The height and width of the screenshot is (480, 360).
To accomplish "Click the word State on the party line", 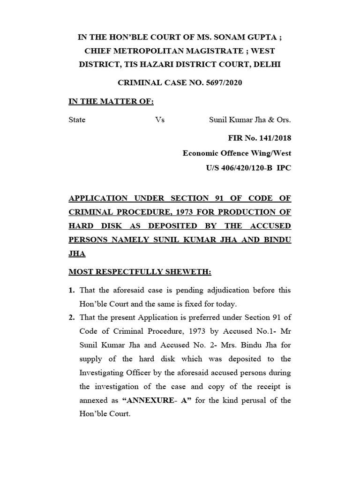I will [x=77, y=120].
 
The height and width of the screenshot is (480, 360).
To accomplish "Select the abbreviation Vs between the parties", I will [x=160, y=120].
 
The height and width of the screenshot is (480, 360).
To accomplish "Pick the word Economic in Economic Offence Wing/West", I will [x=202, y=153].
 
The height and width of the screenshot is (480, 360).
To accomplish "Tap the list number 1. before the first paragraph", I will [x=72, y=291].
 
